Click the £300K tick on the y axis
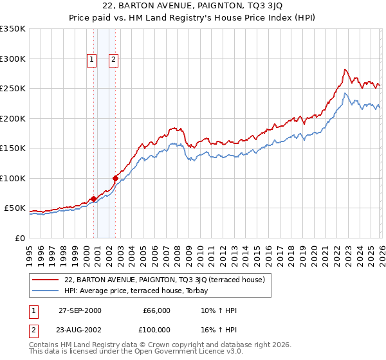pos(13,59)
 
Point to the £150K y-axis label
pos(13,148)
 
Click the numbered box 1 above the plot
pos(91,60)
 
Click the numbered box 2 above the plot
pos(113,60)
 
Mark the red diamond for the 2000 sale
pos(94,199)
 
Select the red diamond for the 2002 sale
pos(116,178)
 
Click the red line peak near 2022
pos(345,69)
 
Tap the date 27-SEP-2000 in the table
pos(80,310)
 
